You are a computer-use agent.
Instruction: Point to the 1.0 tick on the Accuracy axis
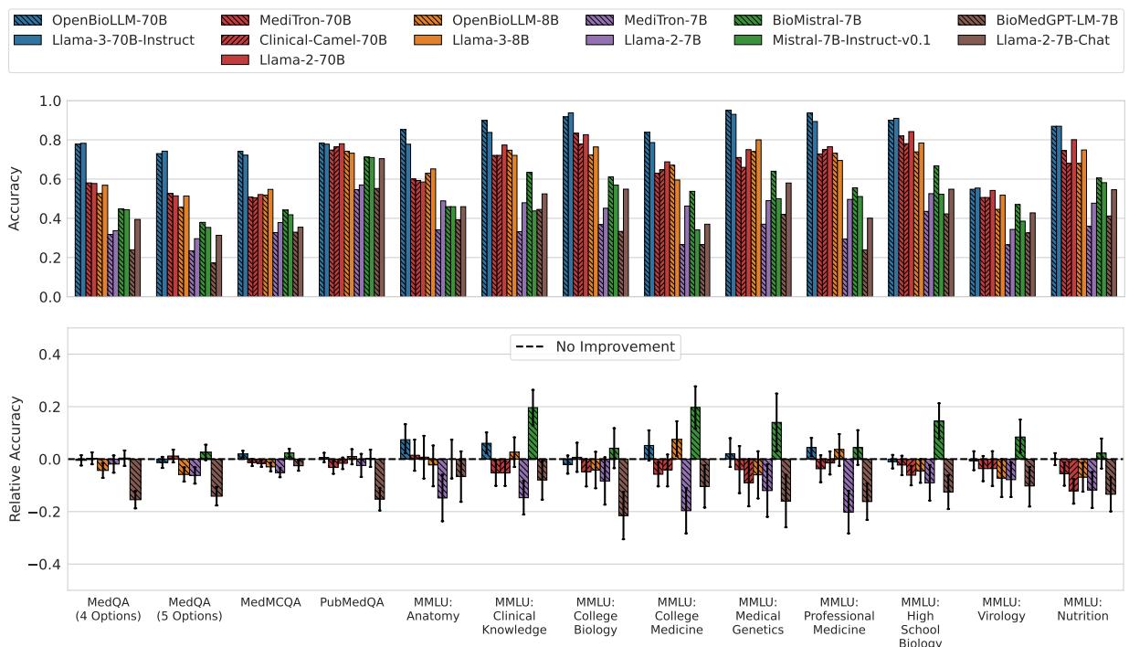[51, 101]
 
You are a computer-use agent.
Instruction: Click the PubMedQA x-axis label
[353, 603]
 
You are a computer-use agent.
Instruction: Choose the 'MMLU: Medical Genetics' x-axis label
[758, 616]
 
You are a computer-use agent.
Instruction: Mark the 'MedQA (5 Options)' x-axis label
[190, 610]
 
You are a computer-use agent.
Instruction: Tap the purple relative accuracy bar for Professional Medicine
[849, 485]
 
